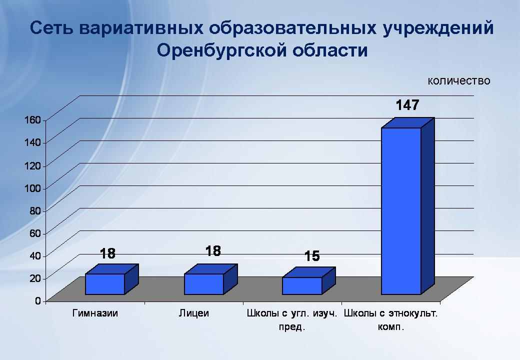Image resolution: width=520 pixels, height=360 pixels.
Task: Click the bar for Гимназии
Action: pos(112,279)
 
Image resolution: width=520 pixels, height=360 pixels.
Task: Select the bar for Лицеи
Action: pos(210,279)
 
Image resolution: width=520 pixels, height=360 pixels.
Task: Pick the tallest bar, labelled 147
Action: pos(407,206)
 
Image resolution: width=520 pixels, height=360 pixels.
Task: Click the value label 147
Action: pos(407,105)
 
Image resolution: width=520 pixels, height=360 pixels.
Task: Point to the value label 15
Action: pos(312,256)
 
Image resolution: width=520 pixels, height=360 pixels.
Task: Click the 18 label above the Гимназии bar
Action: pos(108,253)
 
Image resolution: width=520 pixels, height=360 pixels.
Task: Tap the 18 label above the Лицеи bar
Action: pos(213,251)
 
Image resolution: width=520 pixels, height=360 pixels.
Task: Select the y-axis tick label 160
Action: pos(32,119)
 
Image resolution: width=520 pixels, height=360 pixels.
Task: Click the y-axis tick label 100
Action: pos(32,188)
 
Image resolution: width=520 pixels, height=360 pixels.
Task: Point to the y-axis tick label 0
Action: pos(38,300)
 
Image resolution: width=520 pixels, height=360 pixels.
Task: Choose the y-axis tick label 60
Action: pos(35,233)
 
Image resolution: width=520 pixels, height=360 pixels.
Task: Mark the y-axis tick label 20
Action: pos(35,278)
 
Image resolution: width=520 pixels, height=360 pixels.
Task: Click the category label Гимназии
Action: pos(95,313)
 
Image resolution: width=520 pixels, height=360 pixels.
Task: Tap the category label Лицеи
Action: pos(194,313)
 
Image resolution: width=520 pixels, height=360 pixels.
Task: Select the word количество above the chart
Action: pos(459,80)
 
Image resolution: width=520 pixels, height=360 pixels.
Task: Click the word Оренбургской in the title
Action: pos(221,50)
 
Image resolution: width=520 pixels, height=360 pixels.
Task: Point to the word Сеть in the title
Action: pos(51,28)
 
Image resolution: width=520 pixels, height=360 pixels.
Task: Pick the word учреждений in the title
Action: pos(438,28)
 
